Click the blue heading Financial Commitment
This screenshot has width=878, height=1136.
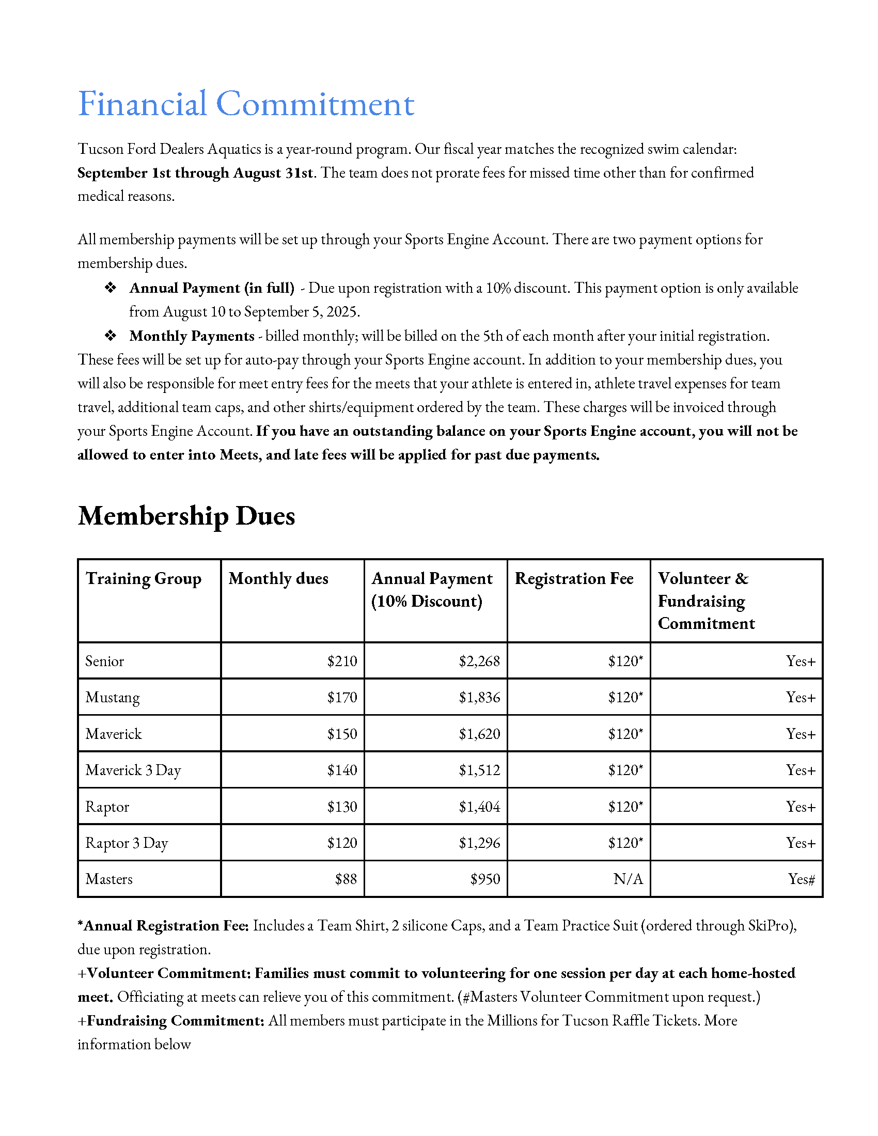point(245,104)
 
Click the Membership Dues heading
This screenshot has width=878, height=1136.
point(186,516)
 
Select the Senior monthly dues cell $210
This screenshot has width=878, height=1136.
point(342,661)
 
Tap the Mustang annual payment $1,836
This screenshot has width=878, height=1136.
point(479,698)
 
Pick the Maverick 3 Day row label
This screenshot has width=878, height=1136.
point(133,770)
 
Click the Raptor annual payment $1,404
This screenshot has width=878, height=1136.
point(479,807)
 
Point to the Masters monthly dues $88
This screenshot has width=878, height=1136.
point(346,879)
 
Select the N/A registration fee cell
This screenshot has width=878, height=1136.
point(628,879)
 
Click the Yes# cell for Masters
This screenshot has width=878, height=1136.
point(801,879)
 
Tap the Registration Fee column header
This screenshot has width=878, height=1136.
point(574,579)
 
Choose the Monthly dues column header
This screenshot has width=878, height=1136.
point(278,579)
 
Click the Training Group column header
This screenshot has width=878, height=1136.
point(143,579)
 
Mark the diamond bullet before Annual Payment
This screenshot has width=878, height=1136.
point(111,288)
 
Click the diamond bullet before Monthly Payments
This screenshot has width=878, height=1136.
point(111,336)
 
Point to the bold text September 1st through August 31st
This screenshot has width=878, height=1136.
point(195,172)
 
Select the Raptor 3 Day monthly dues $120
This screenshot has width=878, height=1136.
point(342,843)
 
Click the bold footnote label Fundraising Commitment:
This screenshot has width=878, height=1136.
point(176,1020)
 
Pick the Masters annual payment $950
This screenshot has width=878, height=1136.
point(485,879)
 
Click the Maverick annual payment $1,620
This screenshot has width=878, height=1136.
point(479,734)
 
